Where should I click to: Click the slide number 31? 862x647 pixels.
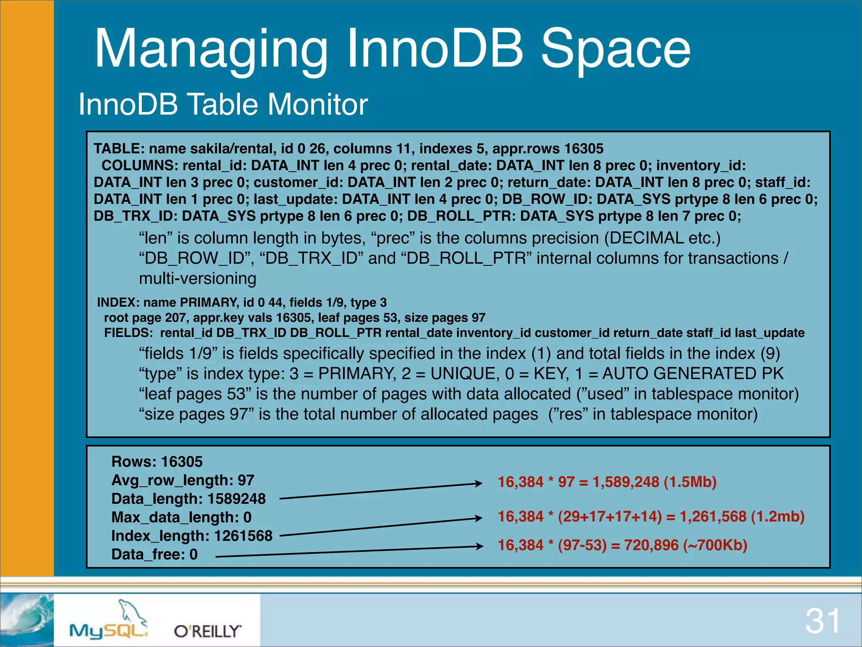click(x=822, y=621)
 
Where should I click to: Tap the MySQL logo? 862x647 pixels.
click(x=109, y=623)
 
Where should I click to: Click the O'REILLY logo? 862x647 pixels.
click(x=208, y=631)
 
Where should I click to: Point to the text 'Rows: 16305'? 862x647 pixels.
click(x=157, y=462)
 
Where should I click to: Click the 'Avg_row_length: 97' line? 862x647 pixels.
click(x=183, y=480)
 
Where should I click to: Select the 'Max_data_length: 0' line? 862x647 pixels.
click(x=181, y=517)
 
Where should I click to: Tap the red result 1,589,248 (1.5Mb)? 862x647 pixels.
click(x=654, y=482)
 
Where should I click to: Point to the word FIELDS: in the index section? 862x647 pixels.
click(x=128, y=333)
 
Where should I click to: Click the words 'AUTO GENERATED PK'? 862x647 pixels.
click(x=693, y=374)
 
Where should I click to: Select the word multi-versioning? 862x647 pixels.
click(x=197, y=278)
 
